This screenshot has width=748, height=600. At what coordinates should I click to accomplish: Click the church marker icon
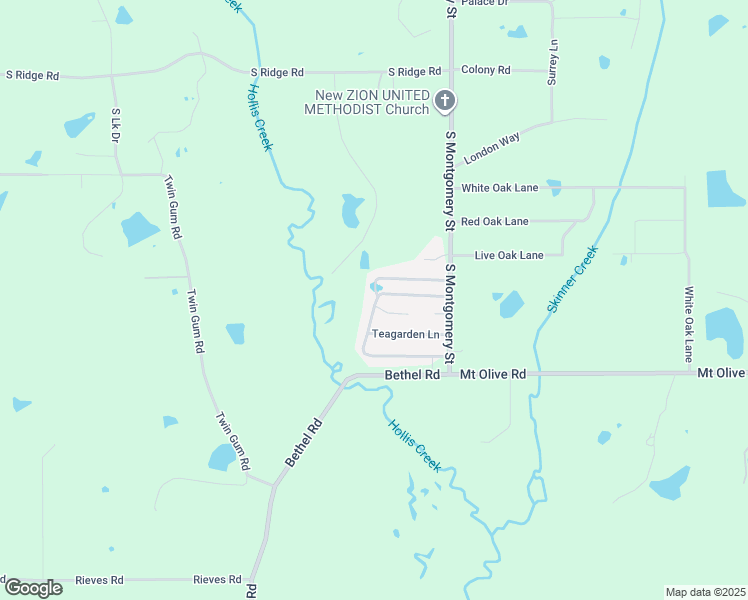446,101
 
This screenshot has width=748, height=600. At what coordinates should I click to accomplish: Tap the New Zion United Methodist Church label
372,102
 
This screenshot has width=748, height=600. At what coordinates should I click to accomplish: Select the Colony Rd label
486,70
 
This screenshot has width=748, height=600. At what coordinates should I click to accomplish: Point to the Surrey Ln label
551,62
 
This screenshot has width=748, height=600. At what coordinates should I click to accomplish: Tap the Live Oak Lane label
509,255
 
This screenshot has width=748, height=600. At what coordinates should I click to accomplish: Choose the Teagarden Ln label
405,334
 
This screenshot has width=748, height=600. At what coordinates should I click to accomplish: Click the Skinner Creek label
572,279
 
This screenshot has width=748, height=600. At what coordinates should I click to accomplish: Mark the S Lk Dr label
116,124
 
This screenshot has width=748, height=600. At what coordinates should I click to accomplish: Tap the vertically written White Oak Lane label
688,324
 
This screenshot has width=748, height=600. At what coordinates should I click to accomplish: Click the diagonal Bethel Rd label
303,441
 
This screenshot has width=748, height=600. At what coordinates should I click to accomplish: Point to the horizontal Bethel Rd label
412,375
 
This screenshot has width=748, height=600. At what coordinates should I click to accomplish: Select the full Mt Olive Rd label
493,374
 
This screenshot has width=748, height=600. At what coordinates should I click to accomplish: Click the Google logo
33,588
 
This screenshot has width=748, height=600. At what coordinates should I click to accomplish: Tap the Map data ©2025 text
706,592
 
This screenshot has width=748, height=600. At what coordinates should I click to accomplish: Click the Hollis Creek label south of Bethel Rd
414,444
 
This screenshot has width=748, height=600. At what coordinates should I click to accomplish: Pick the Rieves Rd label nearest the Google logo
103,580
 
